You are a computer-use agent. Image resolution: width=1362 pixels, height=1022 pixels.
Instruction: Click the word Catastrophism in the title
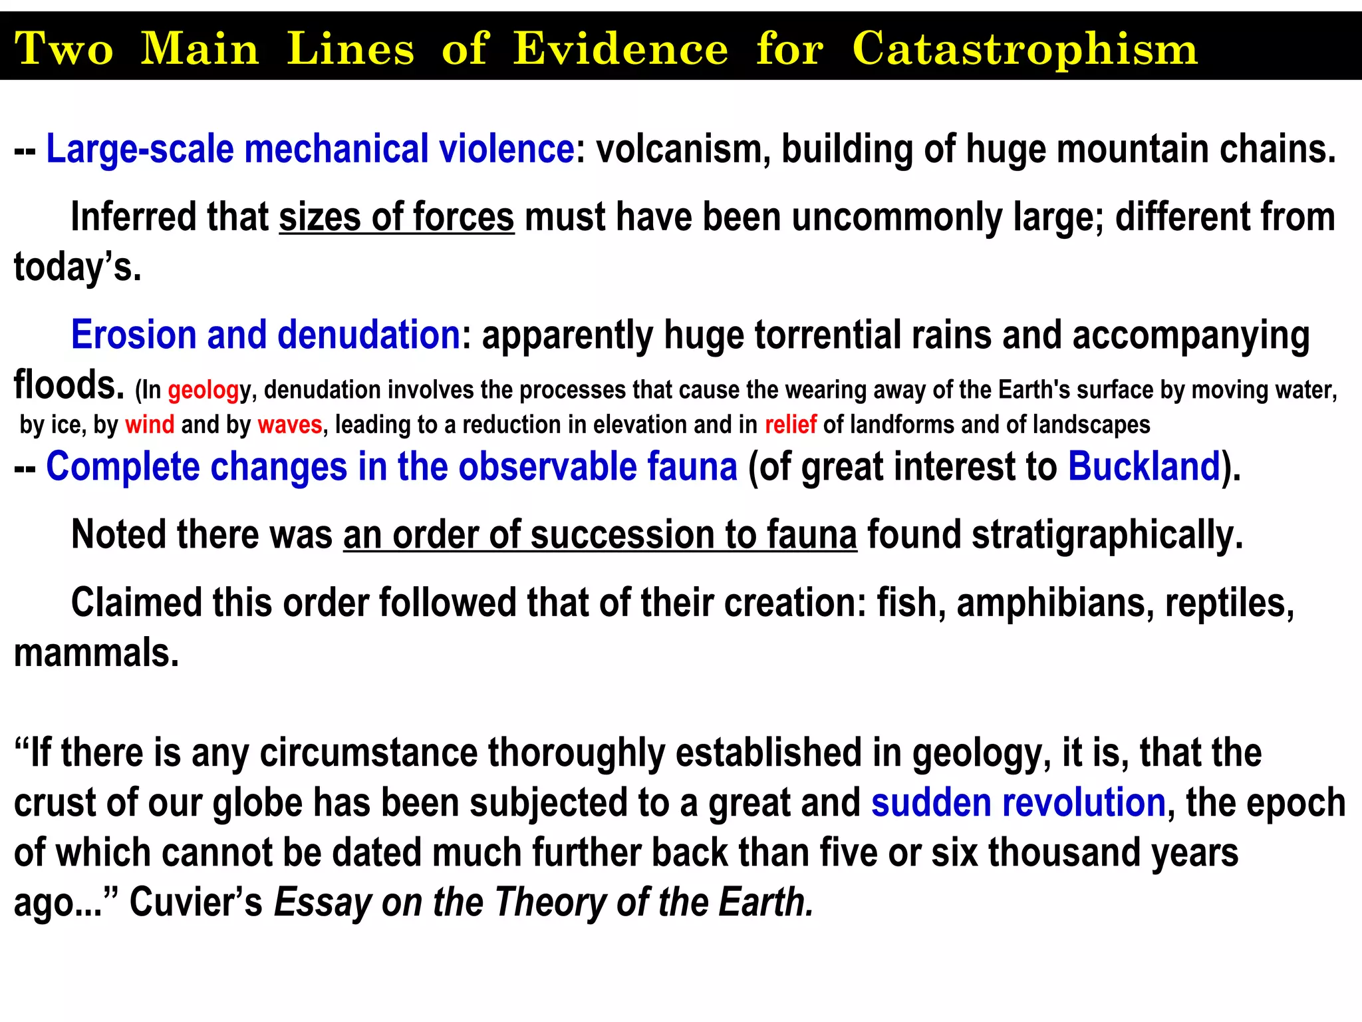[1024, 49]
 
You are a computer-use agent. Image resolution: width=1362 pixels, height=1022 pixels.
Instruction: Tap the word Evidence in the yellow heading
[620, 49]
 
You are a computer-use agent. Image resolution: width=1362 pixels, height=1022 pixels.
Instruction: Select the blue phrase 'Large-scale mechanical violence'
[310, 148]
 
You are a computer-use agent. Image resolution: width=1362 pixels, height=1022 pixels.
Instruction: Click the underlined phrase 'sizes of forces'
[396, 217]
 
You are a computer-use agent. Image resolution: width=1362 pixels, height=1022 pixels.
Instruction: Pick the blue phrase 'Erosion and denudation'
[265, 334]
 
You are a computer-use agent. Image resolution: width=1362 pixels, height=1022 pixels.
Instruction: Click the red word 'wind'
[150, 425]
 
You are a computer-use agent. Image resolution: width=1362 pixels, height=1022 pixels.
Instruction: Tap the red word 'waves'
[290, 425]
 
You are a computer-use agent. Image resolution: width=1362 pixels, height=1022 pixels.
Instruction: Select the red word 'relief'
[790, 425]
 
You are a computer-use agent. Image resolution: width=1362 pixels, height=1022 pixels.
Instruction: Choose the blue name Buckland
[1144, 466]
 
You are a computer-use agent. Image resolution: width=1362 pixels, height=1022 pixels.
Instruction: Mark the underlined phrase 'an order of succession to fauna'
[600, 534]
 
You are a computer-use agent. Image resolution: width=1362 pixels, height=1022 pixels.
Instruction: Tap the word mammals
[96, 652]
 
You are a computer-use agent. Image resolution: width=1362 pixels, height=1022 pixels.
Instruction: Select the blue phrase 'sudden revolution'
[1018, 802]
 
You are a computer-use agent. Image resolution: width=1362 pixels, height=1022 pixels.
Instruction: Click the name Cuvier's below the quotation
[196, 903]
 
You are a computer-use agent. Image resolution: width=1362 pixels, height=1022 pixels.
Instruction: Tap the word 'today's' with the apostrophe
[77, 267]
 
